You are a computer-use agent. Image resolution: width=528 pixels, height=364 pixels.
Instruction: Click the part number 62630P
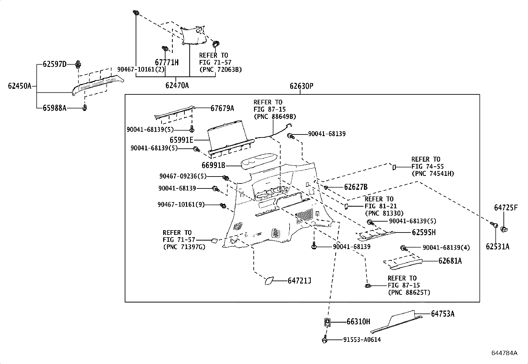click(x=301, y=86)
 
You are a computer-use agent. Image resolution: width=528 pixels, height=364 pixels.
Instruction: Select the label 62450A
click(x=20, y=86)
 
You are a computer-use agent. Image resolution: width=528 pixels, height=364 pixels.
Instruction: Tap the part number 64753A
click(x=443, y=314)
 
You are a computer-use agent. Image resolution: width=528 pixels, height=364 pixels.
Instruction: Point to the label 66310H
click(x=358, y=322)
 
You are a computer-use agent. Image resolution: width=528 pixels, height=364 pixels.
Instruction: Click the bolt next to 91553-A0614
click(x=325, y=340)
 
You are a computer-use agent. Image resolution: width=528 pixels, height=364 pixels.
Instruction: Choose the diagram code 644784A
click(x=504, y=353)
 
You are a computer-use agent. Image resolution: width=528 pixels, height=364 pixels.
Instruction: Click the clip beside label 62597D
click(x=78, y=64)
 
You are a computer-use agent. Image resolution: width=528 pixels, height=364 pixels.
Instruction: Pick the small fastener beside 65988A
click(x=85, y=108)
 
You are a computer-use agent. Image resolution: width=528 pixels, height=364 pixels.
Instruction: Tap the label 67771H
click(x=167, y=62)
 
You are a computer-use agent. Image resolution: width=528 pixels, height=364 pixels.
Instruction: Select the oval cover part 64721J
click(x=268, y=281)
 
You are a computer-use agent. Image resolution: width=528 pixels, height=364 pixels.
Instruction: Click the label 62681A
click(x=450, y=261)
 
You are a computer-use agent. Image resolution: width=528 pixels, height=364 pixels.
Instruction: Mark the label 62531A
click(x=497, y=246)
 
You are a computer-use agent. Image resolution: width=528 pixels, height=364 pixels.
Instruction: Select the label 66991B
click(x=213, y=165)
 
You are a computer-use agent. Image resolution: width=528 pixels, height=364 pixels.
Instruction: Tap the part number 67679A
click(x=222, y=108)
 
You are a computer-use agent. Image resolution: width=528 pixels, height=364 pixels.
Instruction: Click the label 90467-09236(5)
click(x=183, y=177)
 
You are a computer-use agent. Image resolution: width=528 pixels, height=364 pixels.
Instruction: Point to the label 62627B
click(x=356, y=187)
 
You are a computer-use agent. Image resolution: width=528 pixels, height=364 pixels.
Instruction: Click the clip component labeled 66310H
click(x=327, y=321)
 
